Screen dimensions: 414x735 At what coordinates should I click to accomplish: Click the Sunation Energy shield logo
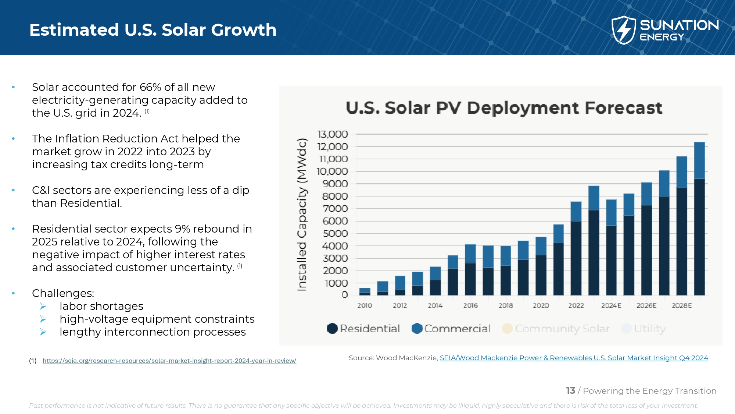coord(623,30)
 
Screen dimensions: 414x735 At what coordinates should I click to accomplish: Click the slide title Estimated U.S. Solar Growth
coord(153,30)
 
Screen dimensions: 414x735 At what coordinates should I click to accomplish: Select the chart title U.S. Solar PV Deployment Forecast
coord(504,108)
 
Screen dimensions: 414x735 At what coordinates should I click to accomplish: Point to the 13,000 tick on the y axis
coord(333,134)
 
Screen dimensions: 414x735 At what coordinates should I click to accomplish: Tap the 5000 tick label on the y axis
coord(335,234)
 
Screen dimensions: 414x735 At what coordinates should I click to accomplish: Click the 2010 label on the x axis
coord(365,305)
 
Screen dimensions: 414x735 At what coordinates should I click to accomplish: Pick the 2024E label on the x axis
coord(611,305)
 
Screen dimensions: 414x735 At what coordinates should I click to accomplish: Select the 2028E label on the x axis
coord(682,305)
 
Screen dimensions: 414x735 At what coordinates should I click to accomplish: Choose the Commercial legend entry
coord(451,329)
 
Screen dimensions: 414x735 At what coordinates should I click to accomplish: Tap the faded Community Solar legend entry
coord(556,329)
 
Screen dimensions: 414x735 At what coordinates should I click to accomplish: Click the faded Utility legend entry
coord(643,329)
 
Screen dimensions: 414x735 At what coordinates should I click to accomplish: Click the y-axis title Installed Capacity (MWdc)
coord(302,215)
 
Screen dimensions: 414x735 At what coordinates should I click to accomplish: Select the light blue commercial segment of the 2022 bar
coord(576,212)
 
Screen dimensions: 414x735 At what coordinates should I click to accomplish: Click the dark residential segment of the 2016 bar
coord(470,279)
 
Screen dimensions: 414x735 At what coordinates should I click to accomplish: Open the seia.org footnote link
coord(169,361)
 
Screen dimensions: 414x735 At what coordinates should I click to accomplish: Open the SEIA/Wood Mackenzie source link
coord(574,358)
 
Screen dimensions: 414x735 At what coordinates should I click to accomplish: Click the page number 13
coord(570,391)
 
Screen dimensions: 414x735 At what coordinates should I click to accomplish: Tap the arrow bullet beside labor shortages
coord(43,306)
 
